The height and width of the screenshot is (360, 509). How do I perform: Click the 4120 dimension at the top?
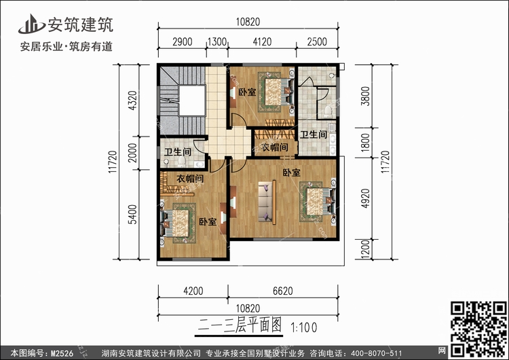[262, 42]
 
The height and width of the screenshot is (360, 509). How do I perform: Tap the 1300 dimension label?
[217, 42]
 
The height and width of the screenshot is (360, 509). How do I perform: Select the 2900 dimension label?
[183, 42]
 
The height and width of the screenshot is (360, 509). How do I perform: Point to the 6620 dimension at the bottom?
[283, 291]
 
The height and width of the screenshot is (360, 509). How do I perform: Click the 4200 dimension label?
[193, 291]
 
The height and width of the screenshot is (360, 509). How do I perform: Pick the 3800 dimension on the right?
[366, 96]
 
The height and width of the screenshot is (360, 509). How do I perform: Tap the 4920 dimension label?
[366, 198]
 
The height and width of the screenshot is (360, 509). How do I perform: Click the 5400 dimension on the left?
[132, 214]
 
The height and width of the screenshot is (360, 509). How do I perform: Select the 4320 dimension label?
[132, 101]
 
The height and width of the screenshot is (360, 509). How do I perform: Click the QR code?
[478, 329]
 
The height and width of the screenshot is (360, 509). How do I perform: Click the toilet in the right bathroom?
[328, 111]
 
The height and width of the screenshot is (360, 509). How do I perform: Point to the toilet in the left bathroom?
[181, 161]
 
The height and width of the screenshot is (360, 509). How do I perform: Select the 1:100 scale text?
[304, 327]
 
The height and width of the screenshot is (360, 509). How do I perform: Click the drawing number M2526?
[62, 353]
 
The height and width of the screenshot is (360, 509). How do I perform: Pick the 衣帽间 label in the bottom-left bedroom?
[190, 179]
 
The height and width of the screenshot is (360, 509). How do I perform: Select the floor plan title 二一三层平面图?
[240, 325]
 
